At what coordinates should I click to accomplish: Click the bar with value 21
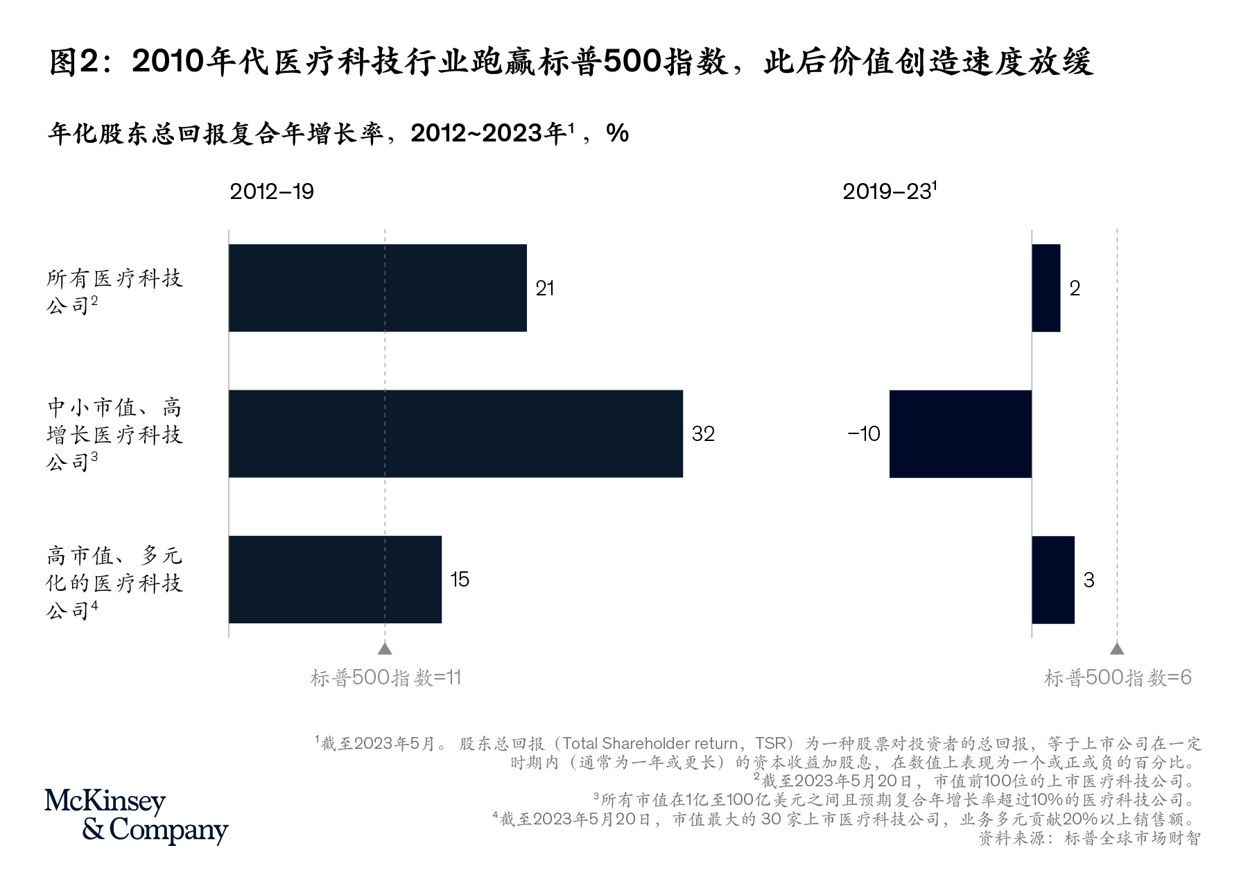(x=377, y=288)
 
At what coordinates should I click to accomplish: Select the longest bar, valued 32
(x=456, y=433)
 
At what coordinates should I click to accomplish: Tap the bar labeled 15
(x=335, y=579)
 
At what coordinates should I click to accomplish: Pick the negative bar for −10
(x=960, y=433)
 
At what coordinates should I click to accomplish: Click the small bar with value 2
(x=1046, y=288)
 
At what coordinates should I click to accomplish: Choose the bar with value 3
(x=1052, y=579)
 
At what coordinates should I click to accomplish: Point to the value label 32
(x=703, y=434)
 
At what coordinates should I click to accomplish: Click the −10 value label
(x=864, y=434)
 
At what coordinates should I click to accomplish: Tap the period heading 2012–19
(x=272, y=192)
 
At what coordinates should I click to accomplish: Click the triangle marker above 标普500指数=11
(x=385, y=648)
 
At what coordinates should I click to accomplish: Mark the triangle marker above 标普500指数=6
(x=1116, y=648)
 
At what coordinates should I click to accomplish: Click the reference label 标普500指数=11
(x=385, y=677)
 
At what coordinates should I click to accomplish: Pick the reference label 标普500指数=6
(x=1118, y=677)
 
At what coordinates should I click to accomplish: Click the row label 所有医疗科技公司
(x=114, y=291)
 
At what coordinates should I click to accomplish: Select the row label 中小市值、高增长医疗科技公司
(x=114, y=434)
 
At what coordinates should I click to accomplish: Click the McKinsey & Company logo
(x=136, y=816)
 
